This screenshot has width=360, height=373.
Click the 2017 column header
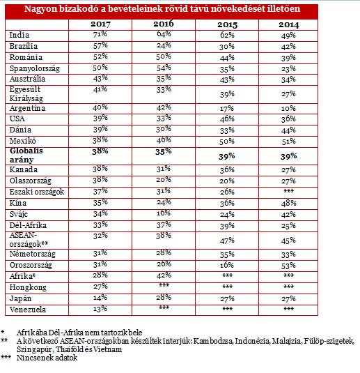pyautogui.click(x=100, y=24)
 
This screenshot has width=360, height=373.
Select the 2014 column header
pyautogui.click(x=289, y=24)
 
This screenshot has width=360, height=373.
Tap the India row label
pyautogui.click(x=19, y=35)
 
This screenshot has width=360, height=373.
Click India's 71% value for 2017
pyautogui.click(x=100, y=34)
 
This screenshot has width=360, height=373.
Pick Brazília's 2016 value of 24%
pyautogui.click(x=164, y=45)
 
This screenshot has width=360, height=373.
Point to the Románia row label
pyautogui.click(x=26, y=57)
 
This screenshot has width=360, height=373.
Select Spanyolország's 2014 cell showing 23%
pyautogui.click(x=288, y=69)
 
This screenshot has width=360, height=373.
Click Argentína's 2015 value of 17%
pyautogui.click(x=227, y=109)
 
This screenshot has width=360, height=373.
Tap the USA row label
pyautogui.click(x=17, y=119)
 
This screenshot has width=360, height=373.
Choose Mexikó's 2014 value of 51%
pyautogui.click(x=288, y=142)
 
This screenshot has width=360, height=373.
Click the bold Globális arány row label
pyautogui.click(x=26, y=155)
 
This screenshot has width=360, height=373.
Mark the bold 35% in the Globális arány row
pyautogui.click(x=164, y=151)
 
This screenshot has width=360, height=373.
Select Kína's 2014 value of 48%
pyautogui.click(x=288, y=203)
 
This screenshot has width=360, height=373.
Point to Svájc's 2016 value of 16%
pyautogui.click(x=164, y=213)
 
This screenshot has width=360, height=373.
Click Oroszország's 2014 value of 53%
pyautogui.click(x=288, y=266)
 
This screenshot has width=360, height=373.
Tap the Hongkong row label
pyautogui.click(x=28, y=287)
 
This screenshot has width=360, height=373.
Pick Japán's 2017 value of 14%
pyautogui.click(x=100, y=298)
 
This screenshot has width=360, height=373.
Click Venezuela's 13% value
pyautogui.click(x=100, y=309)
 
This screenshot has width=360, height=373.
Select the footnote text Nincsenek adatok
pyautogui.click(x=47, y=358)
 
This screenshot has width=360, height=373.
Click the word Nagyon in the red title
pyautogui.click(x=40, y=9)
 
